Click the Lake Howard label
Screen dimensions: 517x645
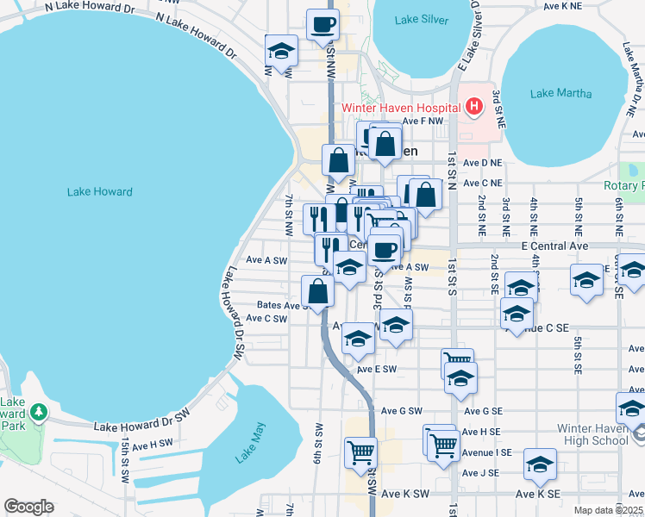(100, 191)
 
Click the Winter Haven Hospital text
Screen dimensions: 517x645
(401, 108)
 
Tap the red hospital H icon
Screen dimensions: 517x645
(473, 107)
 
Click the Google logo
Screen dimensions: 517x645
(28, 507)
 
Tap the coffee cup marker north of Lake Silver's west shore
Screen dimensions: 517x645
(323, 26)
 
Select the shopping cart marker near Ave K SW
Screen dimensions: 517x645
(360, 452)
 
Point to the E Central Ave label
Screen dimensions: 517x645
(554, 246)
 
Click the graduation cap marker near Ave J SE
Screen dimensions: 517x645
(540, 466)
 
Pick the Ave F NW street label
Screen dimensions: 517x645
(422, 121)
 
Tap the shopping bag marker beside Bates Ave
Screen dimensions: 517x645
(318, 292)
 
